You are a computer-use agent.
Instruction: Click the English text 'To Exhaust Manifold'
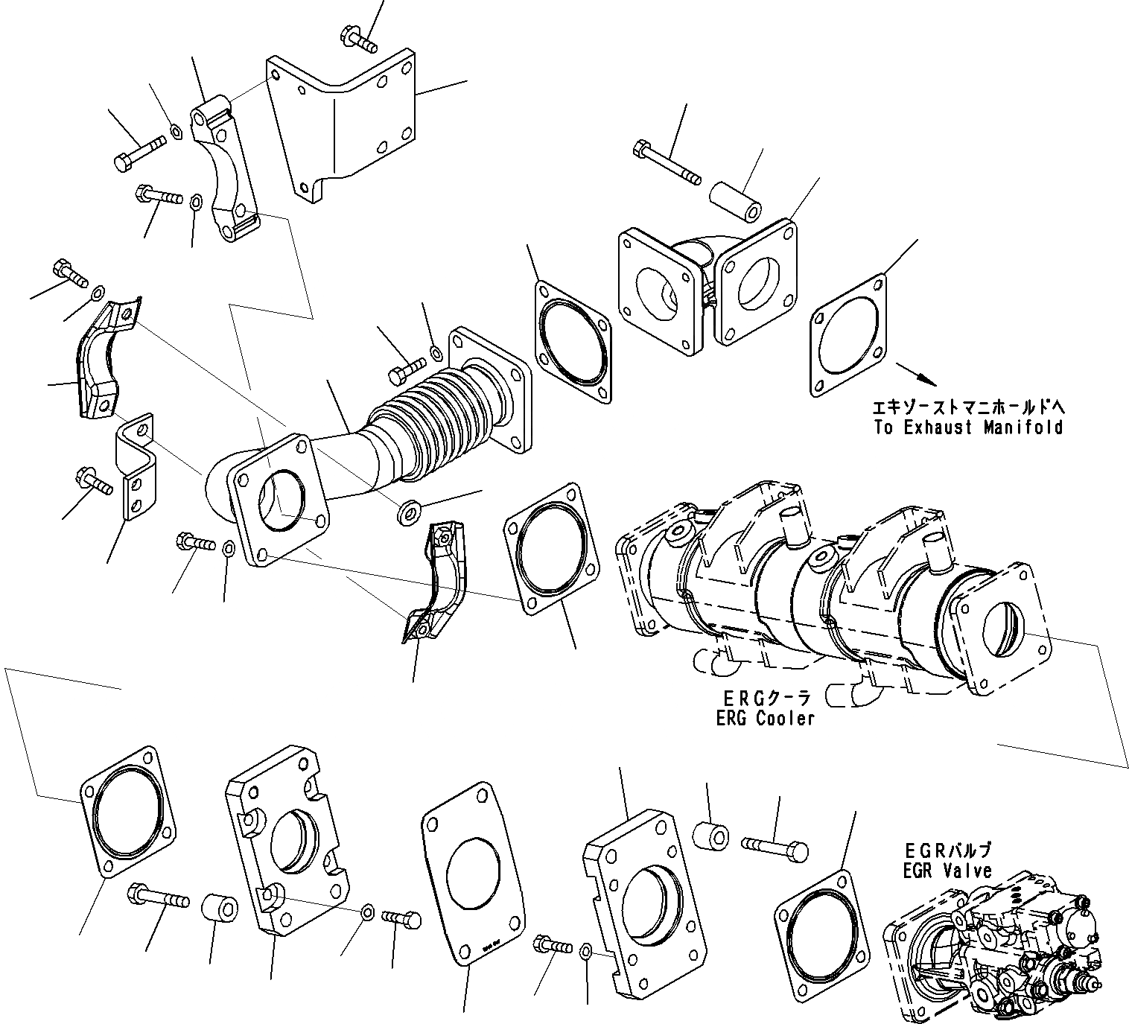(x=968, y=427)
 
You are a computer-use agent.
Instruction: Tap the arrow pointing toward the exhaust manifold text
(x=915, y=374)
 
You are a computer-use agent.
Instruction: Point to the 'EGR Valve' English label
(x=947, y=871)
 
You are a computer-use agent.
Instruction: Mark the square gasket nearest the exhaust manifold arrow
(x=849, y=333)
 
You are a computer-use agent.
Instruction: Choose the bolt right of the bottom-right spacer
(x=775, y=847)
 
